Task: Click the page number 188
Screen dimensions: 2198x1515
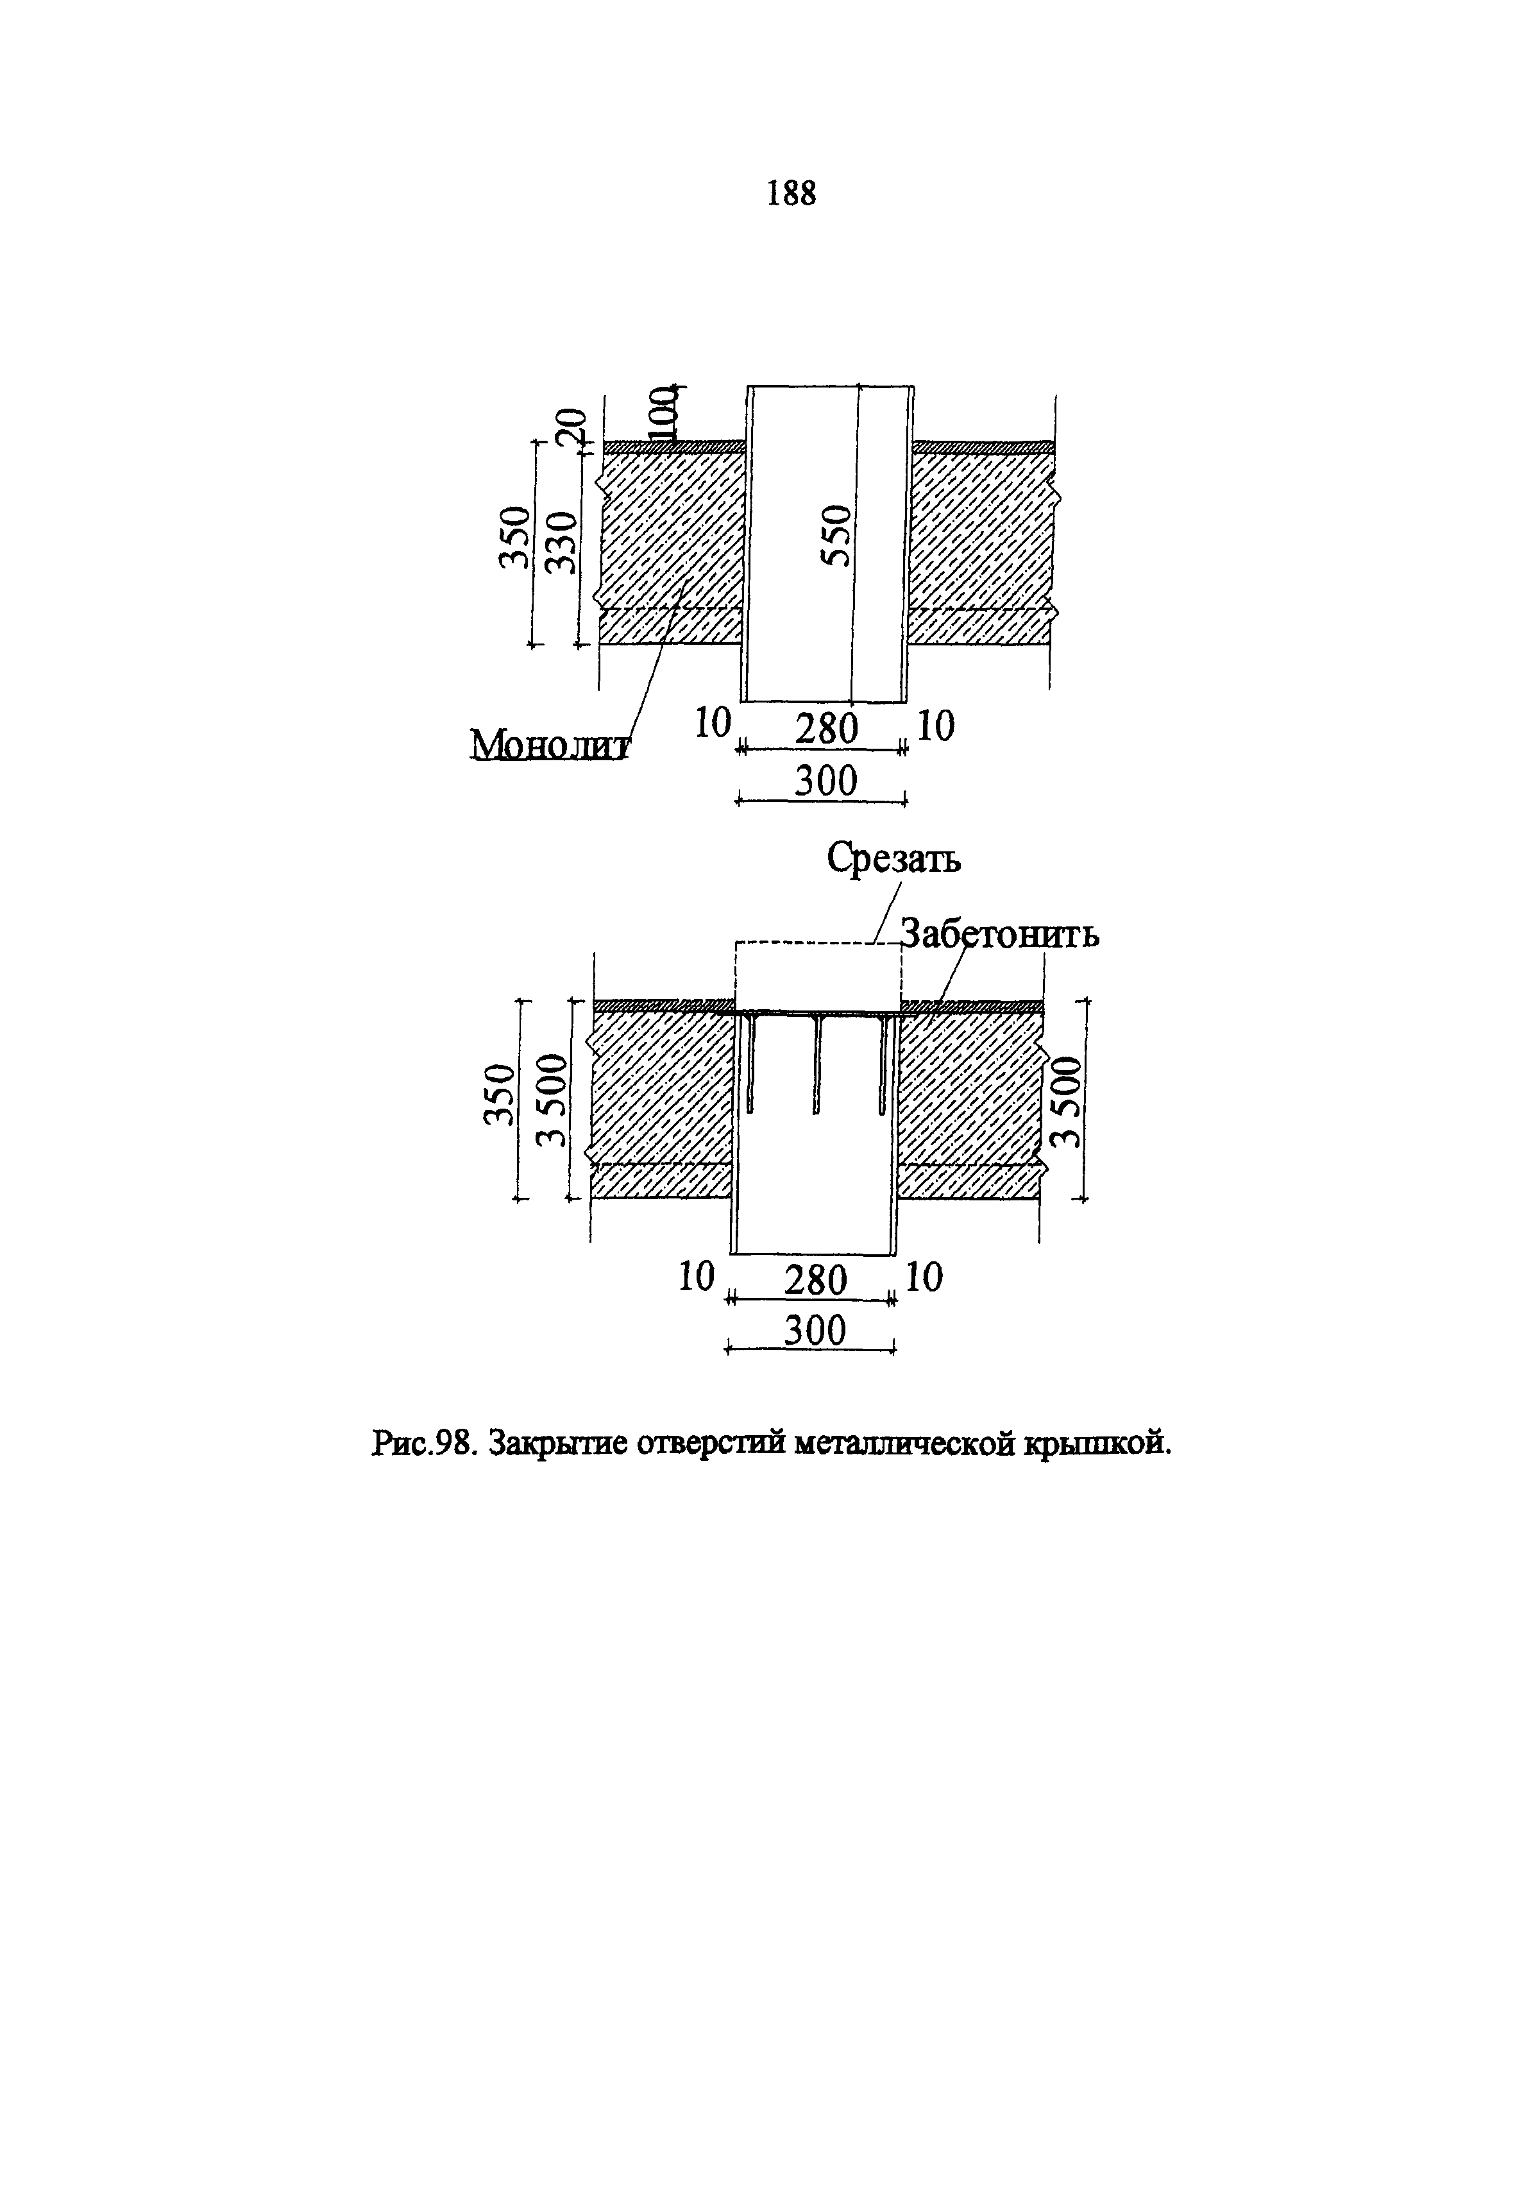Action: tap(791, 194)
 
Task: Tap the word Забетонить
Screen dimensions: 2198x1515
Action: tap(999, 934)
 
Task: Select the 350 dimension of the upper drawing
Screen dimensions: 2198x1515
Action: tap(514, 538)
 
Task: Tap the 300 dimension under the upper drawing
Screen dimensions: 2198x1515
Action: tap(825, 781)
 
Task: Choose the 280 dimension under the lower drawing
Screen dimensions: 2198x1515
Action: tap(815, 1280)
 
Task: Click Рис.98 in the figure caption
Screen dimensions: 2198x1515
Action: tap(423, 1444)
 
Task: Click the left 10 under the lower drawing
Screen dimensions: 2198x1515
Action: tap(696, 1277)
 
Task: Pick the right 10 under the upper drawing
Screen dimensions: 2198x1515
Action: tap(936, 726)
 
